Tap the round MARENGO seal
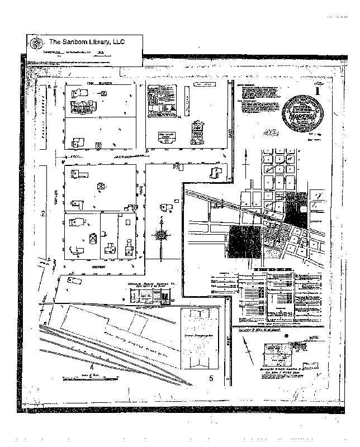(x=302, y=112)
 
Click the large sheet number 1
(x=317, y=90)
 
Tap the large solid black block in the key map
(x=244, y=241)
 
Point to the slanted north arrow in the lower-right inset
(x=287, y=337)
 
